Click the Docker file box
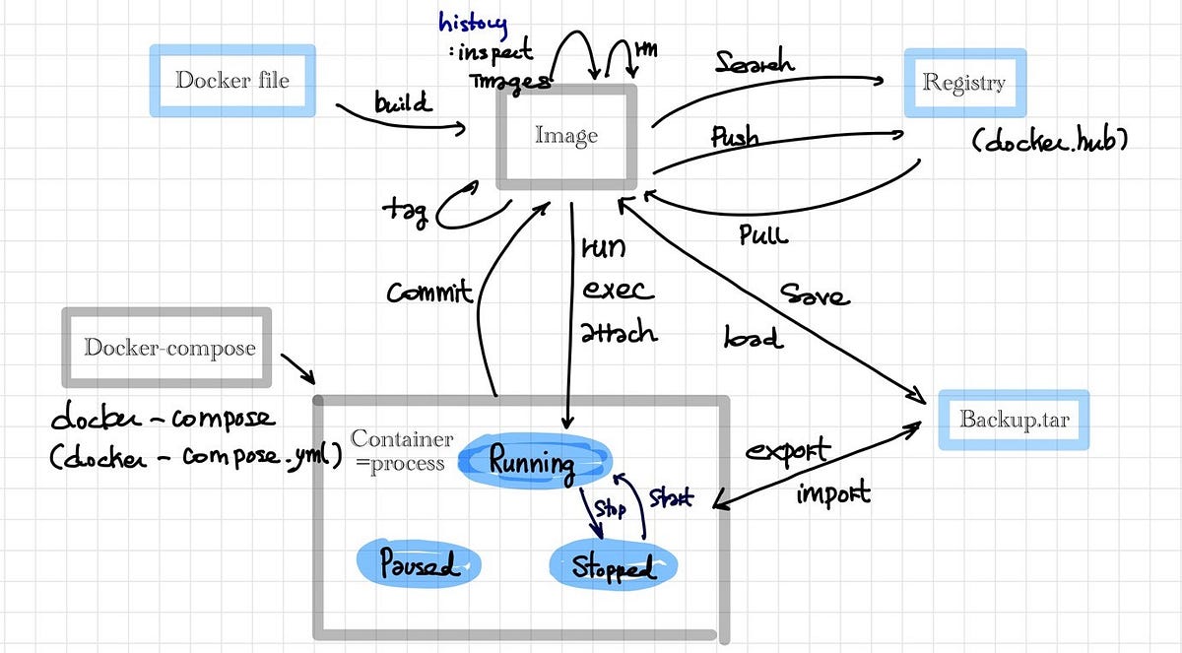232,79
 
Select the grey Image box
565,137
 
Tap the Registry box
963,83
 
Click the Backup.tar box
1014,420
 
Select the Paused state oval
419,565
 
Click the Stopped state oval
612,567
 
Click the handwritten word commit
429,292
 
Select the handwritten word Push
735,137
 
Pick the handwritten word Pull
763,235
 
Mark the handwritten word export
787,452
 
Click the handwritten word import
832,492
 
